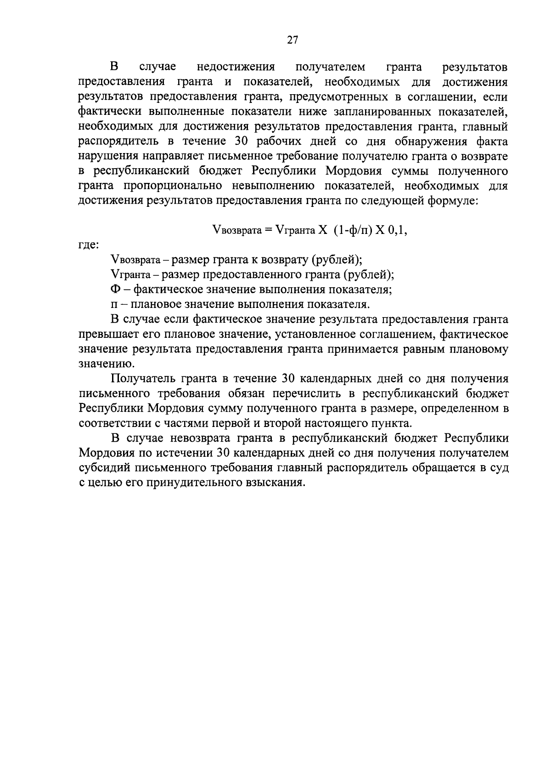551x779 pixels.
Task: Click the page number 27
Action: [x=292, y=40]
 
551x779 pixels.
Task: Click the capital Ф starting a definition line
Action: [x=115, y=290]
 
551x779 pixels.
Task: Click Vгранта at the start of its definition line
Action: [x=130, y=275]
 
